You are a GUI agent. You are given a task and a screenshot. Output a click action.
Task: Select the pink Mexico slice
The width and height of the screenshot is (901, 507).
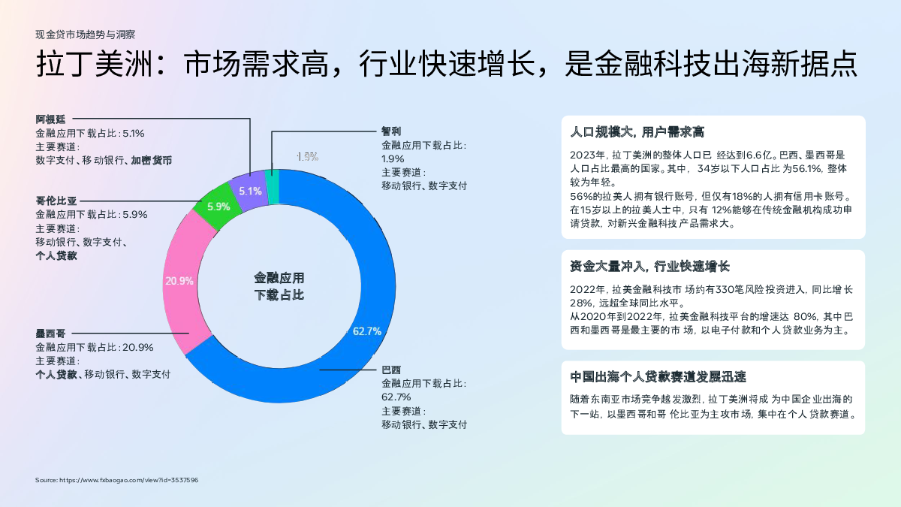pos(183,282)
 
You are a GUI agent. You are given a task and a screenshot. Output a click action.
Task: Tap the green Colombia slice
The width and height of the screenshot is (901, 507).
pos(217,206)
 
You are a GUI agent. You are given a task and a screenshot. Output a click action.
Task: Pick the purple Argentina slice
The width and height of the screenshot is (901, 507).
pos(249,191)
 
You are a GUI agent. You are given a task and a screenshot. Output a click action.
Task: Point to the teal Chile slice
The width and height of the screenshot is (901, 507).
pos(273,187)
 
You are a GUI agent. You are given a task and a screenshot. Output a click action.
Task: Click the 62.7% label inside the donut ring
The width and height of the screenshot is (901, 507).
pos(367,331)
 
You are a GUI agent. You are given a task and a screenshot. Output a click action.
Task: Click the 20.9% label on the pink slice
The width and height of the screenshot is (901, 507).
pos(179,281)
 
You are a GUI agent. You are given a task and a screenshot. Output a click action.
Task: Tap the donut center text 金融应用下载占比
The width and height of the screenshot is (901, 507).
pos(279,286)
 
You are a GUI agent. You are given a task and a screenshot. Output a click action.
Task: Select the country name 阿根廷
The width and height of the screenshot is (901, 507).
pos(50,119)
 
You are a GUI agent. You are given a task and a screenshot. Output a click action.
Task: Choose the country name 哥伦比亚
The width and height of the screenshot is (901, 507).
pos(56,201)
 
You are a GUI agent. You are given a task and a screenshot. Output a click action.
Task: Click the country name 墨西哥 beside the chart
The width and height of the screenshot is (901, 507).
pos(50,333)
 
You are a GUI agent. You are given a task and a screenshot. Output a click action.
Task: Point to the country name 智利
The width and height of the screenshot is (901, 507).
pos(391,131)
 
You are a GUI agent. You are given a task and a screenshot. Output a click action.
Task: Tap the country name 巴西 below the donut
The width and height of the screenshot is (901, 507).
pos(391,370)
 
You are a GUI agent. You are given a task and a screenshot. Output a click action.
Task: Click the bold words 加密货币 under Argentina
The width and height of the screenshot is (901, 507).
pos(152,161)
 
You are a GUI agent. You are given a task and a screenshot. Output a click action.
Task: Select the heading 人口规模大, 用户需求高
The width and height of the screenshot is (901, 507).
pos(637,132)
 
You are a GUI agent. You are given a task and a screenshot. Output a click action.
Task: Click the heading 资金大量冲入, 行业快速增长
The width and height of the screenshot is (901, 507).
pos(649,266)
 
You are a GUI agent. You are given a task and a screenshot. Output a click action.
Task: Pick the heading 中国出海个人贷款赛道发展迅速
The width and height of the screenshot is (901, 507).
pos(658,376)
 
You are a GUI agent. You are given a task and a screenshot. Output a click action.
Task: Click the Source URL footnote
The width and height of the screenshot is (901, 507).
pos(116,480)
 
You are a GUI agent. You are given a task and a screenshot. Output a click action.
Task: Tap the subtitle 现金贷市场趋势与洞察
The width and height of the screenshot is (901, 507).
pos(86,35)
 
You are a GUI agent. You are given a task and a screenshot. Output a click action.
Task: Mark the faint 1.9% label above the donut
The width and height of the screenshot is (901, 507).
pos(307,156)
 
